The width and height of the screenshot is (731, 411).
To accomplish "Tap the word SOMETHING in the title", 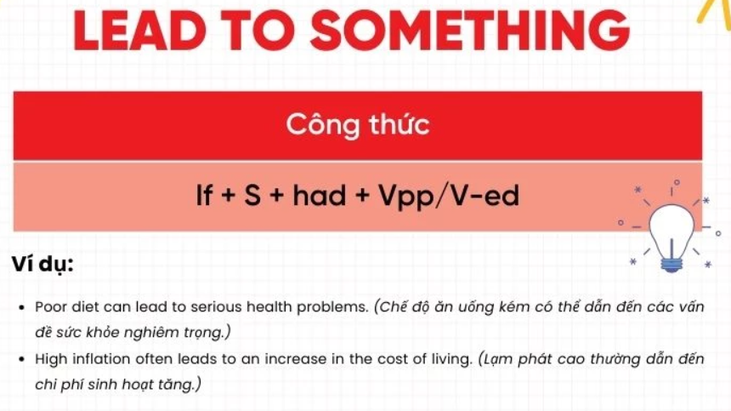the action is tap(470, 31).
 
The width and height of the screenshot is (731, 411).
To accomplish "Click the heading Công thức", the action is tap(358, 124).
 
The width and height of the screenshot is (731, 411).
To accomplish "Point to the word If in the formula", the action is tap(204, 195).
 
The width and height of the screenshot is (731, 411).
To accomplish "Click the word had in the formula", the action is tap(320, 195).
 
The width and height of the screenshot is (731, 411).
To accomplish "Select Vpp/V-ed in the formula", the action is tap(449, 196).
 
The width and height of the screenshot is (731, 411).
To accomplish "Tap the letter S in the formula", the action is tap(252, 195).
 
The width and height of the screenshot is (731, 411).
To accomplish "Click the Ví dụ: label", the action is tap(42, 264).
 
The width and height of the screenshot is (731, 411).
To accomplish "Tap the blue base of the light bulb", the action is tap(671, 265).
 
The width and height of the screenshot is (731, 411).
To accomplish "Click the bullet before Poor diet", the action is tap(21, 308).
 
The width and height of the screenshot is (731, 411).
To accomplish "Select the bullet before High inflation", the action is tap(21, 360).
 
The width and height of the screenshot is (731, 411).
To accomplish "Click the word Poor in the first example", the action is tap(49, 307).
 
